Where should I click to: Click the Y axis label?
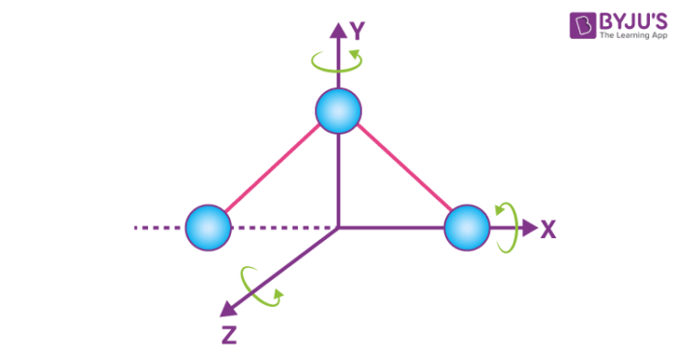[357, 32]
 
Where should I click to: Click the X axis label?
[548, 229]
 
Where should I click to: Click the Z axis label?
[229, 336]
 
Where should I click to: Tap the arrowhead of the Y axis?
[338, 30]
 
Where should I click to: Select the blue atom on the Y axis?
[338, 111]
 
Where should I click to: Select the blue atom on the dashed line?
[208, 228]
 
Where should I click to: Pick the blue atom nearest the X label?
[467, 228]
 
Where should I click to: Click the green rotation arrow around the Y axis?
[338, 62]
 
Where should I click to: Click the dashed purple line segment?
[160, 228]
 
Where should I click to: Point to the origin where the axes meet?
[338, 228]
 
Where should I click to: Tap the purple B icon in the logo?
[582, 25]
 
